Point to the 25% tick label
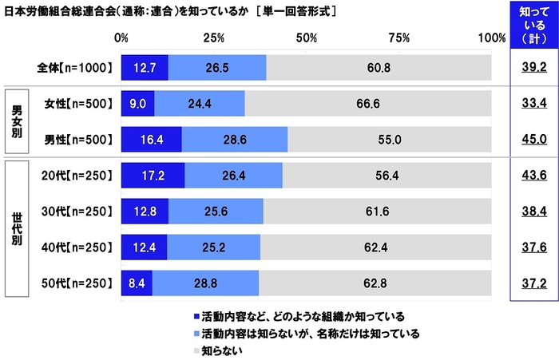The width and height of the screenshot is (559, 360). pos(213,38)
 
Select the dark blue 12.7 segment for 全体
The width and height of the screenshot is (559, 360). pos(145,68)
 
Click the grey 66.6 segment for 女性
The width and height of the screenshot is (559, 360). pos(379,104)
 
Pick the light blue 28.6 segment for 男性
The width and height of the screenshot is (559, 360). pos(235,139)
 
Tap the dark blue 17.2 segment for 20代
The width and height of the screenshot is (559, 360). pos(153,176)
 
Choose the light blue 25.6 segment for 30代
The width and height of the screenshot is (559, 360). pos(216,211)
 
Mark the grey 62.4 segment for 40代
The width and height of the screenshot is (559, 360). pos(375,247)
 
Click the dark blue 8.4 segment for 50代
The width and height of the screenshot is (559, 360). pos(137,282)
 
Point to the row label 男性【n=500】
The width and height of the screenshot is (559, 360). pos(78,139)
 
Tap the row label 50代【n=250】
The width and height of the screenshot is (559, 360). pos(78,282)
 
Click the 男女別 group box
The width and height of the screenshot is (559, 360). pos(17,121)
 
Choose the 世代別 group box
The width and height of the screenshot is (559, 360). pos(17,229)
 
